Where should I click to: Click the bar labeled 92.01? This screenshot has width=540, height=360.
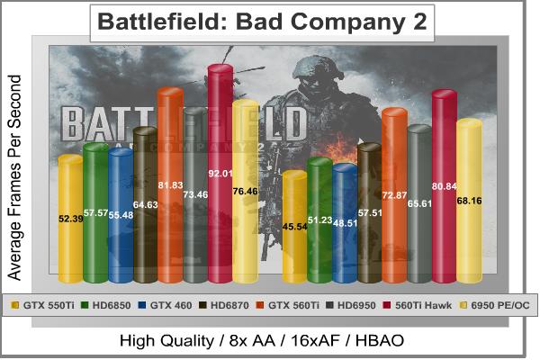click(220, 180)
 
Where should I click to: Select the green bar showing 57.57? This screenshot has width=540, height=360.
click(95, 216)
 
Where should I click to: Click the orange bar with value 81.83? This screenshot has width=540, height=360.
click(170, 189)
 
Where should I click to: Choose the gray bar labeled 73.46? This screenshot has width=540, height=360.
click(195, 198)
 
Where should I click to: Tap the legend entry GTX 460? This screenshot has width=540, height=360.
click(168, 304)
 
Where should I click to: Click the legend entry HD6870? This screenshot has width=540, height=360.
click(228, 304)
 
